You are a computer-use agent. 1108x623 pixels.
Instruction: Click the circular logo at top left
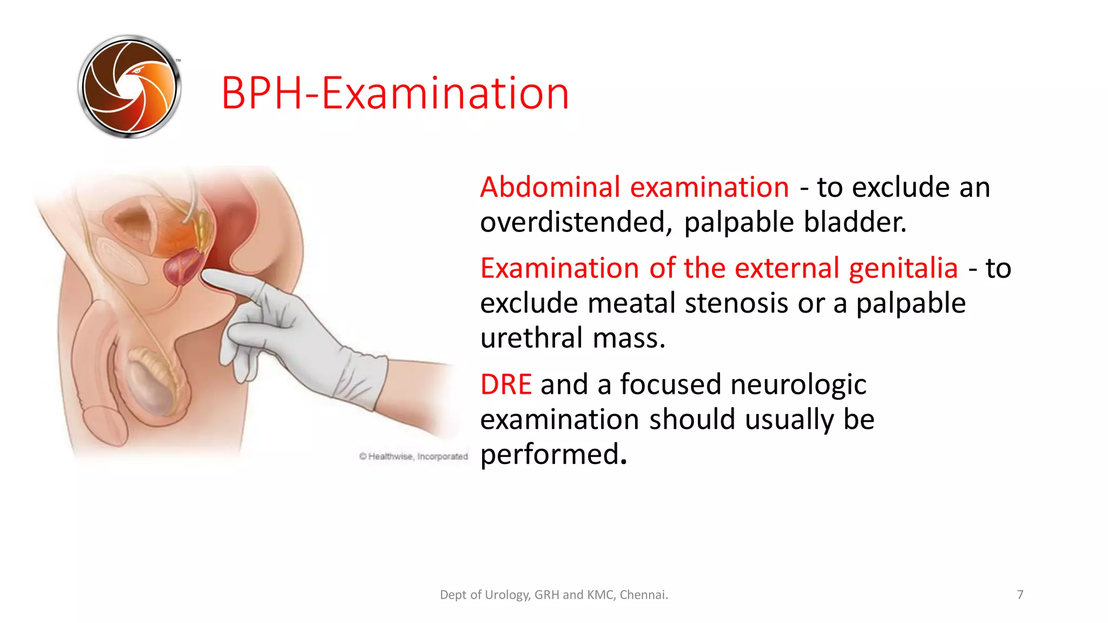pyautogui.click(x=129, y=87)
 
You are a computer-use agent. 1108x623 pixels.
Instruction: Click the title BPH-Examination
pyautogui.click(x=395, y=93)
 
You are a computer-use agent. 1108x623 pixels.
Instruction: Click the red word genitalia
pyautogui.click(x=903, y=268)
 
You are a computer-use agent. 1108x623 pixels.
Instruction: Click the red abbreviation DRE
pyautogui.click(x=506, y=385)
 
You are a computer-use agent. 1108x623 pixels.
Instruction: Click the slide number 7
pyautogui.click(x=1020, y=595)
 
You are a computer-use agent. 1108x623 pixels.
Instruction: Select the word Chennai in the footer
pyautogui.click(x=643, y=595)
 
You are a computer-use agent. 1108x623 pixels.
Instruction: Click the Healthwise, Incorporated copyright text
pyautogui.click(x=414, y=456)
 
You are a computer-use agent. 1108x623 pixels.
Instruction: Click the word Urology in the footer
pyautogui.click(x=507, y=595)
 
